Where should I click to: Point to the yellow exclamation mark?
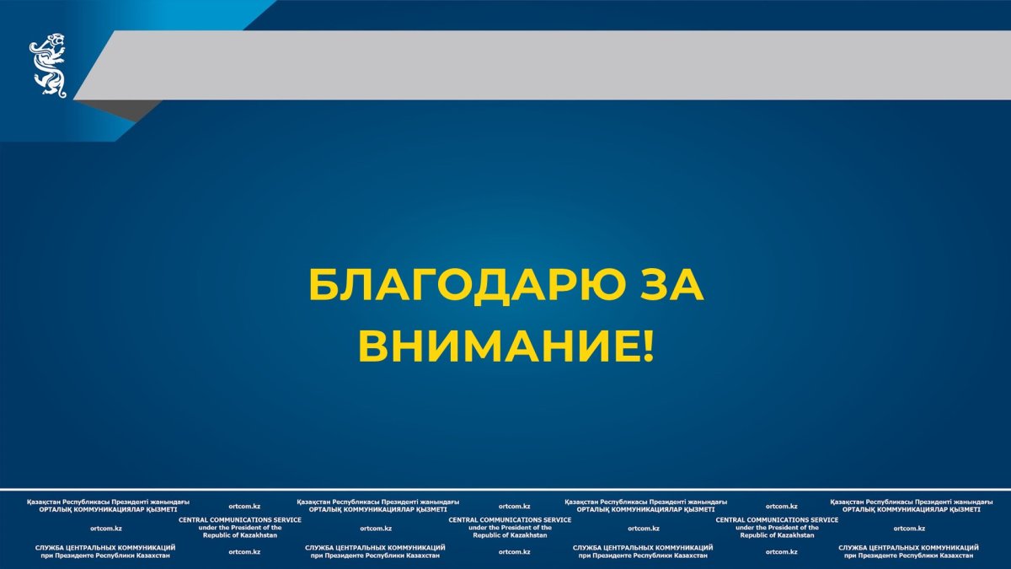[648, 346]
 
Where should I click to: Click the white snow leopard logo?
[48, 66]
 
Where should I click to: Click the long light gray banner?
[542, 65]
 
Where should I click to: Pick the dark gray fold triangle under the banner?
[120, 110]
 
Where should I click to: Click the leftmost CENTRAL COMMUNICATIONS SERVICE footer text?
[240, 520]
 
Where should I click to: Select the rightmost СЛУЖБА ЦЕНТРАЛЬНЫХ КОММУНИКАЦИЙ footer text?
[908, 548]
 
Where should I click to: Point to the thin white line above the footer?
[505, 490]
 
